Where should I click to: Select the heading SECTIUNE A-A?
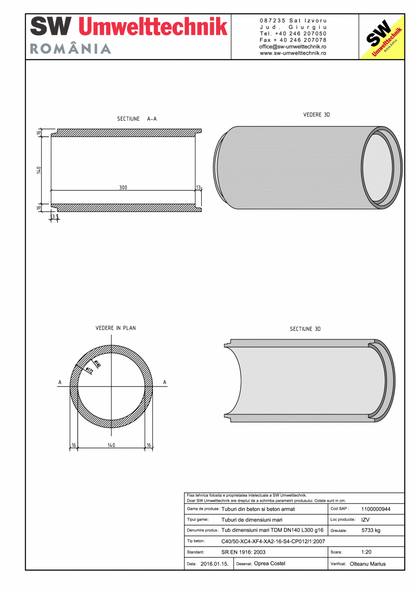click(137, 119)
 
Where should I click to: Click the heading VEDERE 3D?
click(317, 115)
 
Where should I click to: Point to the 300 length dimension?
click(123, 187)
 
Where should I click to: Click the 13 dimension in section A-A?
click(199, 187)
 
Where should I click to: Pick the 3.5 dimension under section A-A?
click(55, 217)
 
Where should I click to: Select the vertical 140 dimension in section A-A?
click(39, 170)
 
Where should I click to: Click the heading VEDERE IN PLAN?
click(116, 328)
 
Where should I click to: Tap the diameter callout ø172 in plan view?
click(89, 370)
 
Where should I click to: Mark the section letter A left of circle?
click(60, 383)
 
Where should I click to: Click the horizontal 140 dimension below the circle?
click(111, 445)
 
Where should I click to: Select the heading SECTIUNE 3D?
click(305, 329)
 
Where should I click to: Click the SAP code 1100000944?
click(376, 509)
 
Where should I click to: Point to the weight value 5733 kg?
click(371, 531)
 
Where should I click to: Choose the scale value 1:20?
click(366, 552)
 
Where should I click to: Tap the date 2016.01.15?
click(214, 564)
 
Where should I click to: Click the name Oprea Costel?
click(269, 564)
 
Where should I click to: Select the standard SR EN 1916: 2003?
click(243, 552)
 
